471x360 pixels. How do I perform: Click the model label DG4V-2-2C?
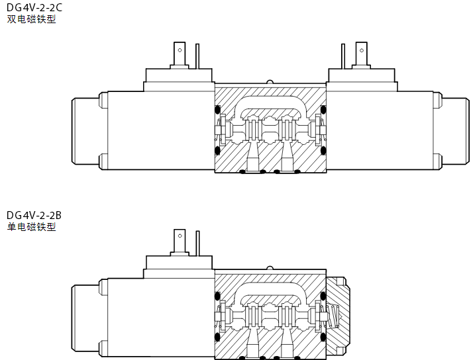[34, 7]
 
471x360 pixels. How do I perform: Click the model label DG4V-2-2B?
[34, 215]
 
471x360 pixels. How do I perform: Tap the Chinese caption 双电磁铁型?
[32, 19]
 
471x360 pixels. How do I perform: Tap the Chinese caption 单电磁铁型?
[32, 227]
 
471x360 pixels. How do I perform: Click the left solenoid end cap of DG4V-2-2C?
[85, 131]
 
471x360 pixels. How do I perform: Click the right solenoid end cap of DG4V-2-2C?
[455, 131]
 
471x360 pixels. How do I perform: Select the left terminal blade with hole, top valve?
[180, 54]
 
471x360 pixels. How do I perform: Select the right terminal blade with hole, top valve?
[361, 54]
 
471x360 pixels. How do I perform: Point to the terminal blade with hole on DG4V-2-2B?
[180, 240]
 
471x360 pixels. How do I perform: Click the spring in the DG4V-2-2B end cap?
[334, 316]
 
